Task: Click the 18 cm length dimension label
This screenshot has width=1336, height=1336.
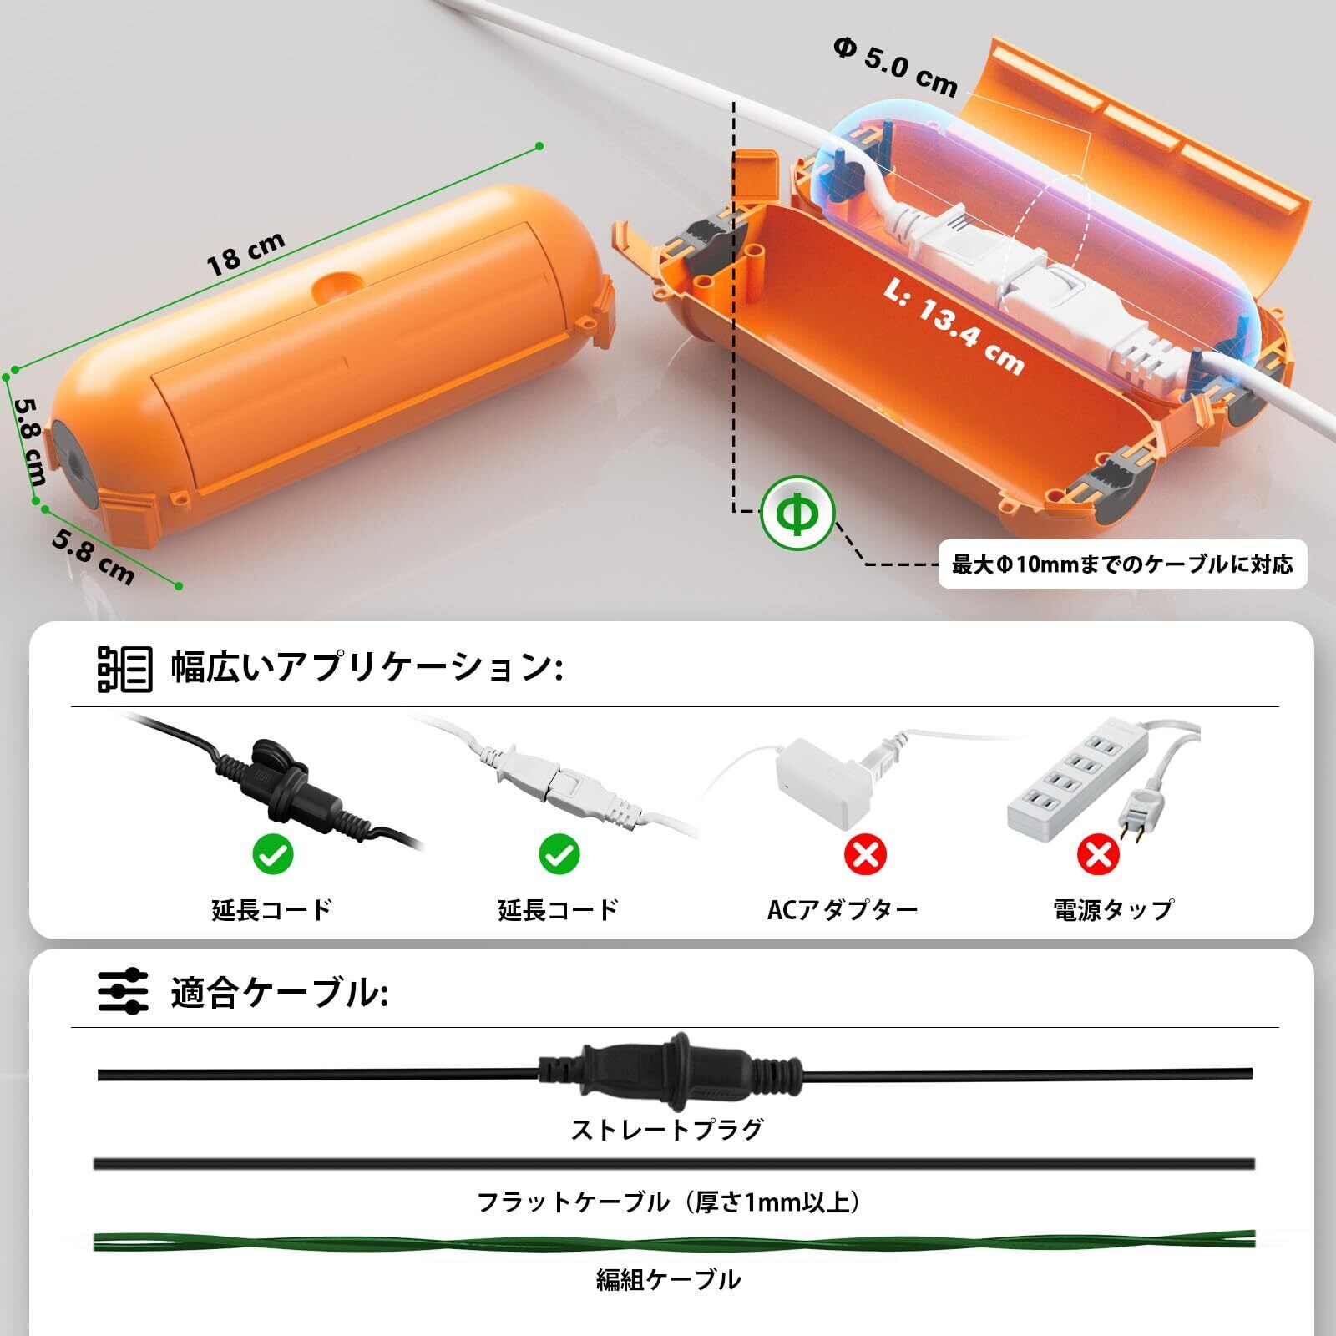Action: (x=245, y=253)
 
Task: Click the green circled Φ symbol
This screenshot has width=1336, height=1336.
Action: (x=797, y=513)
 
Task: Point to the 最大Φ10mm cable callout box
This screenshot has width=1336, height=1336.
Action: (x=1122, y=564)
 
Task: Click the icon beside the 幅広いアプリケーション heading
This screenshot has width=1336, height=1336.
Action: (x=124, y=668)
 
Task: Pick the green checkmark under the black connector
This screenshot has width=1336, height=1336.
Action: (x=272, y=853)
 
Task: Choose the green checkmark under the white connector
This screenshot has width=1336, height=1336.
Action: (x=559, y=853)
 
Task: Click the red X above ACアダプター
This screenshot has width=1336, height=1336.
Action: (x=865, y=853)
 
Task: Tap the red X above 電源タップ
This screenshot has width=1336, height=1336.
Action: (x=1098, y=853)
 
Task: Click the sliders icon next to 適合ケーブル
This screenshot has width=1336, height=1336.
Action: (x=124, y=992)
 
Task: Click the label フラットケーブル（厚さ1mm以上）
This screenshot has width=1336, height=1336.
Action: (x=668, y=1202)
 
